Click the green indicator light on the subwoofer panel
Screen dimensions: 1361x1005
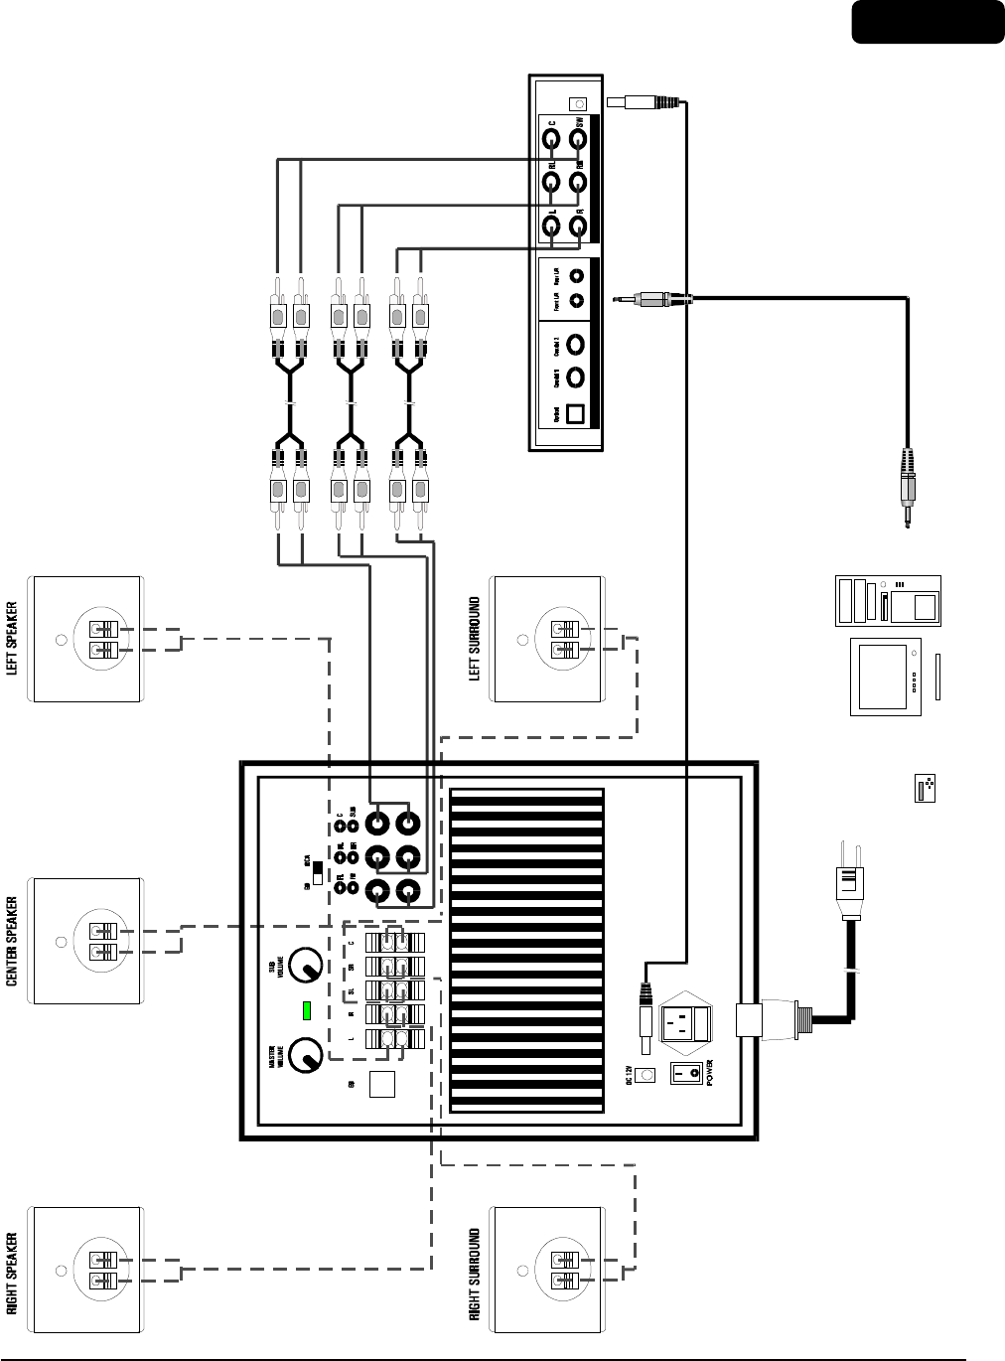308,1011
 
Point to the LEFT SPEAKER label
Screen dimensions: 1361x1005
13,638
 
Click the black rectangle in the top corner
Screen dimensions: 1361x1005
927,22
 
